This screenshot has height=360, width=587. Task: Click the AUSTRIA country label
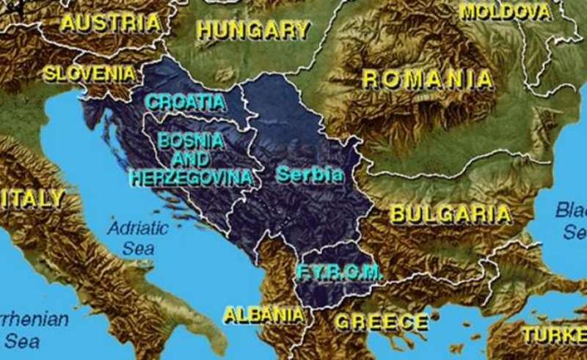110,23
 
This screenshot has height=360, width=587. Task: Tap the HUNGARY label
253,30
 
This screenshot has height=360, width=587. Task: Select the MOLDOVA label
506,12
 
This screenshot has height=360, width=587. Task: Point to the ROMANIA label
428,80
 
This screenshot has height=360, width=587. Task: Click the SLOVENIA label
90,73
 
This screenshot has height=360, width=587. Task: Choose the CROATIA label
185,102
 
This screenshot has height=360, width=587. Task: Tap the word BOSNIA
192,140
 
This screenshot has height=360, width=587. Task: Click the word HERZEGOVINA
191,177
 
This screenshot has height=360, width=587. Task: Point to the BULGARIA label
450,214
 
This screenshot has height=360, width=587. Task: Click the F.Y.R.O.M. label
340,273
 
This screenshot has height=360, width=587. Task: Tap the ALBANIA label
263,315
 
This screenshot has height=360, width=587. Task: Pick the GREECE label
382,321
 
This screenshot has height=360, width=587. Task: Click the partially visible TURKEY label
555,334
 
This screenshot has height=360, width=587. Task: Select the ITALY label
32,198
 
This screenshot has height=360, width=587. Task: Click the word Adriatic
138,228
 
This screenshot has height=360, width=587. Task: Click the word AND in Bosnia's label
192,158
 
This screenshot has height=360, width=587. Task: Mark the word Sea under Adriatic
138,248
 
